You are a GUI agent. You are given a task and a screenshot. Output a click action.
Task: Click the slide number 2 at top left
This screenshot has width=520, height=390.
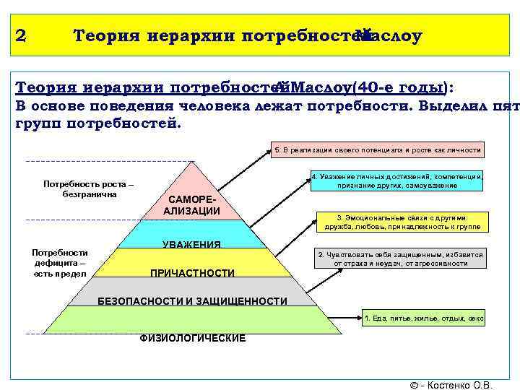(20, 35)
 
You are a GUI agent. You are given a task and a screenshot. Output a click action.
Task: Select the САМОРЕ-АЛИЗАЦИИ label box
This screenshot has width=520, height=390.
(191, 204)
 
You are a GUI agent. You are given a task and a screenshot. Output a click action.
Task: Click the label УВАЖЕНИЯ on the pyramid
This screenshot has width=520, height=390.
(191, 244)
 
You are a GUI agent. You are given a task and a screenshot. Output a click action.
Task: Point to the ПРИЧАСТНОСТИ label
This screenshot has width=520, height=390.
(191, 273)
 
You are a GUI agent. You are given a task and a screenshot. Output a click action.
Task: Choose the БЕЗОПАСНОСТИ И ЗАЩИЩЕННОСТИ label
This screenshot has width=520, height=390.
(192, 301)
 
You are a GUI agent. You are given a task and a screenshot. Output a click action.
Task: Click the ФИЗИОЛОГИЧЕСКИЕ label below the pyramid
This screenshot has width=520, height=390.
(192, 338)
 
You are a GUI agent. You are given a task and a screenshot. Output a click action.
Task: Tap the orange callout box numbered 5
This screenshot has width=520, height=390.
(377, 149)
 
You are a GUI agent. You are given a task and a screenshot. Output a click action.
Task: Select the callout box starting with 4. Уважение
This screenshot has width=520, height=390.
(396, 181)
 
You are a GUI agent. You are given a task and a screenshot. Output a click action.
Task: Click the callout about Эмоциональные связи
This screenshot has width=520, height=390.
(402, 222)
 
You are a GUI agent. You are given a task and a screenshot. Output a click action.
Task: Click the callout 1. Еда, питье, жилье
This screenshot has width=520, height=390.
(423, 317)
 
